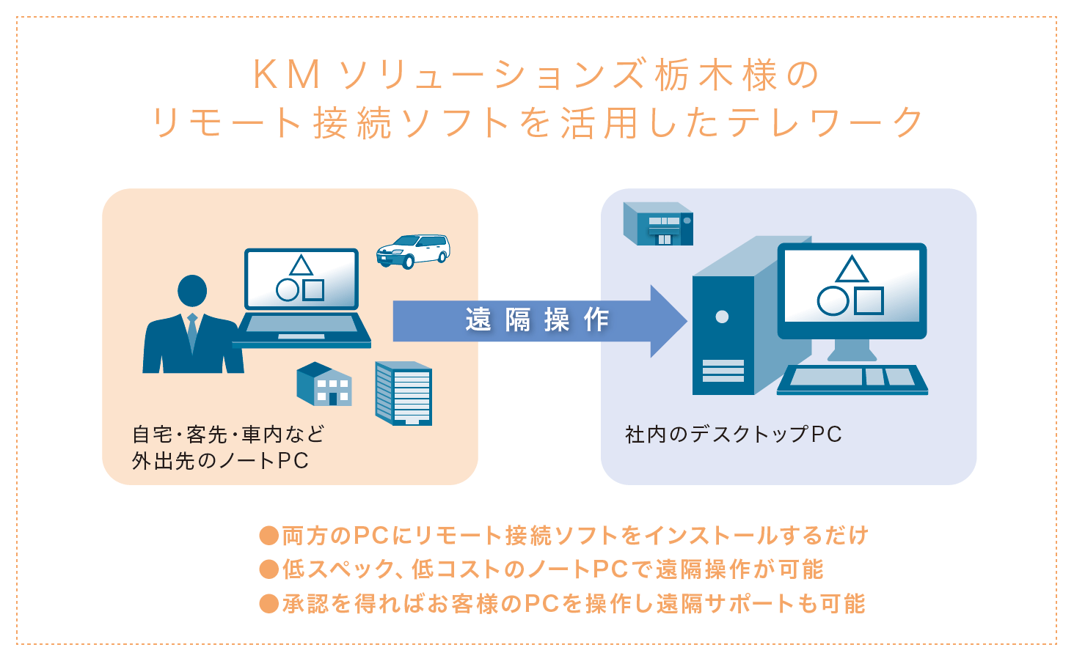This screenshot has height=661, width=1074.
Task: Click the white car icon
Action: pyautogui.click(x=412, y=251)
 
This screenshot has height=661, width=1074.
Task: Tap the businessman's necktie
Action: pyautogui.click(x=192, y=333)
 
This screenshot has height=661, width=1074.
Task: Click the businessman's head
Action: pyautogui.click(x=192, y=291)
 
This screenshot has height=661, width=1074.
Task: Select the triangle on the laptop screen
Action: pyautogui.click(x=301, y=265)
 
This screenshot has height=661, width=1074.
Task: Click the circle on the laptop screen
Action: pyautogui.click(x=288, y=290)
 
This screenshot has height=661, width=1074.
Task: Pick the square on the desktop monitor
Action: pyautogui.click(x=869, y=300)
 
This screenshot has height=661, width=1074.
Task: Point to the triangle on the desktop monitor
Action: pyautogui.click(x=852, y=270)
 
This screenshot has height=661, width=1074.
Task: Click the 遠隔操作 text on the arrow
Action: pyautogui.click(x=537, y=320)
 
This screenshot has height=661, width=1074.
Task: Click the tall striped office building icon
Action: pyautogui.click(x=403, y=394)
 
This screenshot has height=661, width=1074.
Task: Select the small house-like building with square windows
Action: pyautogui.click(x=324, y=384)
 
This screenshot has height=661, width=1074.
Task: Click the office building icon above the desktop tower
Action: pyautogui.click(x=658, y=224)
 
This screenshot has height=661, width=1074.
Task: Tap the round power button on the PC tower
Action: pyautogui.click(x=722, y=317)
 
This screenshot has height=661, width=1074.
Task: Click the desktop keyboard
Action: pyautogui.click(x=852, y=378)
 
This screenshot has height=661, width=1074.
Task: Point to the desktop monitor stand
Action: pyautogui.click(x=852, y=350)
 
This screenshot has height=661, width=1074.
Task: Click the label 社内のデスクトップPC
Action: pyautogui.click(x=733, y=435)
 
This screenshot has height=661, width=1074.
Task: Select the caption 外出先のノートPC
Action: pyautogui.click(x=220, y=461)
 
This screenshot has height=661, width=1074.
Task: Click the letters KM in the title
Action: pyautogui.click(x=287, y=75)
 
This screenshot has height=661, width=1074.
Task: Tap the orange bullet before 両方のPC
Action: pyautogui.click(x=269, y=535)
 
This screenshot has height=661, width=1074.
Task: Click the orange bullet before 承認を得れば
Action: pyautogui.click(x=269, y=604)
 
